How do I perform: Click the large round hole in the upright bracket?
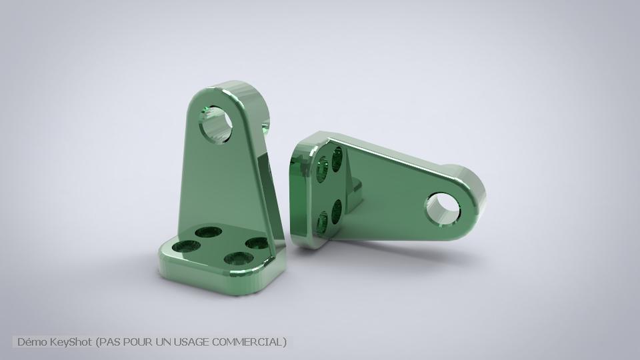219,123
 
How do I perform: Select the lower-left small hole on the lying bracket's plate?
323,220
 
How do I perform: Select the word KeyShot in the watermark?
72,342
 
